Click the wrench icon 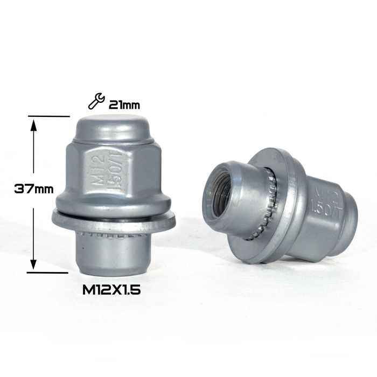tap(96, 101)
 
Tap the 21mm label tap(124, 105)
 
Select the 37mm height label tap(34, 188)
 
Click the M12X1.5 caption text tap(111, 290)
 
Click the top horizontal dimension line tap(49, 116)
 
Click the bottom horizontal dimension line tap(47, 273)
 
